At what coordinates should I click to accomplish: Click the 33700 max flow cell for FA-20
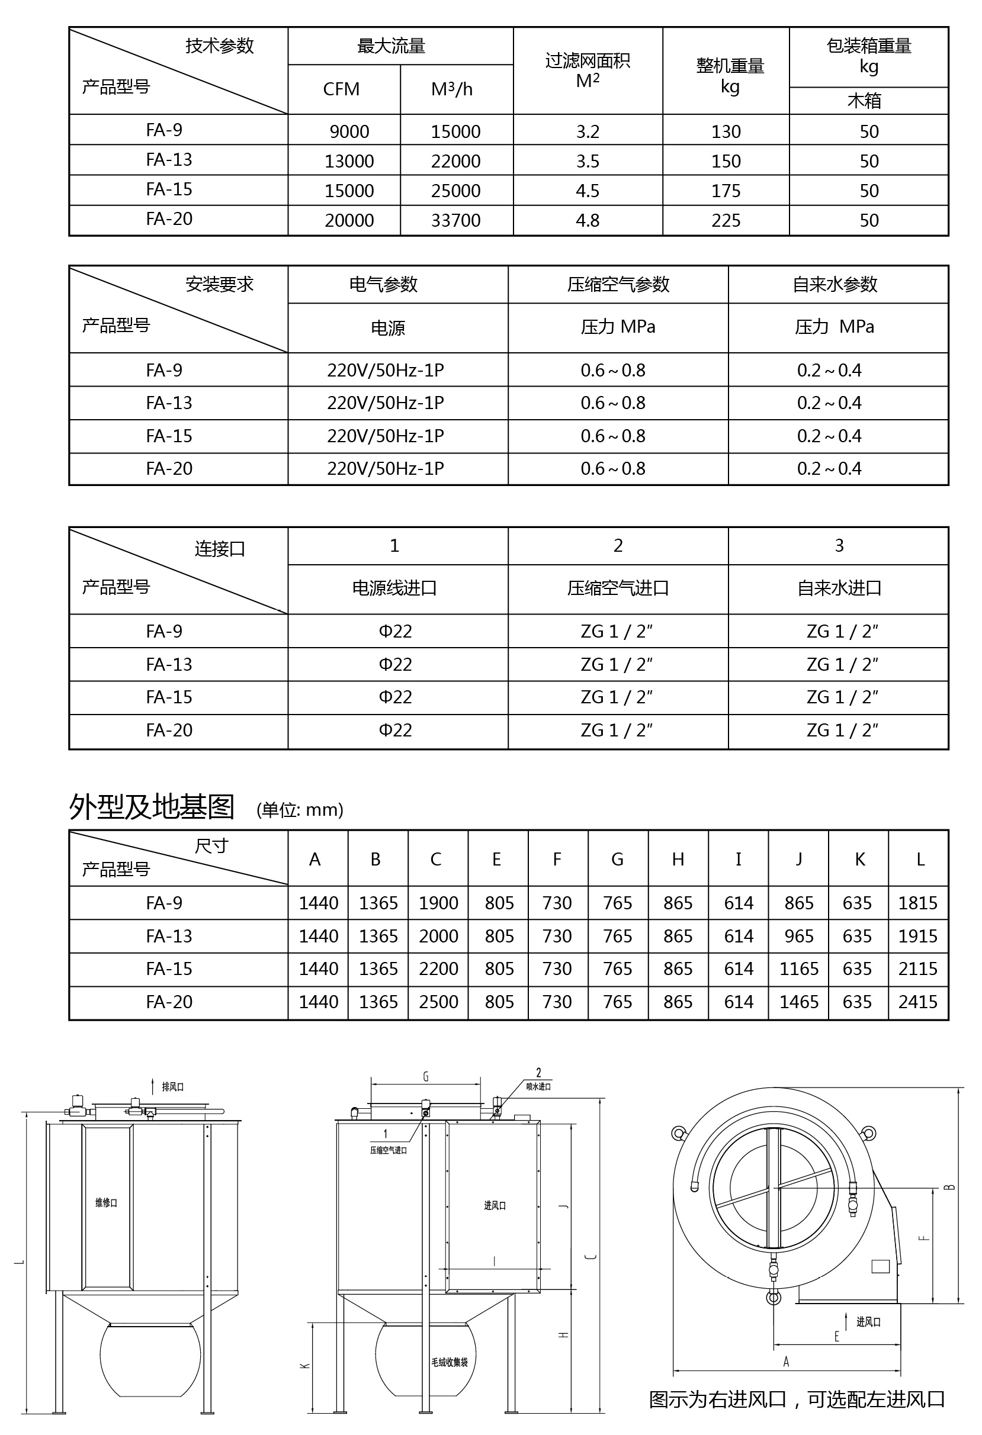coord(456,220)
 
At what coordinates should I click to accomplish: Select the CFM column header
coord(341,89)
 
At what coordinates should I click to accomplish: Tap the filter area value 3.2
coord(588,131)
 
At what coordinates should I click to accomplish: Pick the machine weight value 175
coord(726,191)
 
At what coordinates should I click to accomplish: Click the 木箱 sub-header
coord(864,101)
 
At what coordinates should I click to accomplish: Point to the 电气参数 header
coord(384,285)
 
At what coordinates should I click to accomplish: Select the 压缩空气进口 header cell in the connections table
coord(618,588)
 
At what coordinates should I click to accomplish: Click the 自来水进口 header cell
coord(839,588)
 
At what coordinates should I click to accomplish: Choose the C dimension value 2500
coord(438,1002)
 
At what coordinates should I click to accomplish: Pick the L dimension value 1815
coord(918,903)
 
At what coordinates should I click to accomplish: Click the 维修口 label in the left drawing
coord(106,1203)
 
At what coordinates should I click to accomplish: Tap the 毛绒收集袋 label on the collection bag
coord(450,1362)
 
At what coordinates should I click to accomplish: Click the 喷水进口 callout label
coord(538,1087)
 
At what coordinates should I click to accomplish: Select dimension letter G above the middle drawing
coord(425,1077)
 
